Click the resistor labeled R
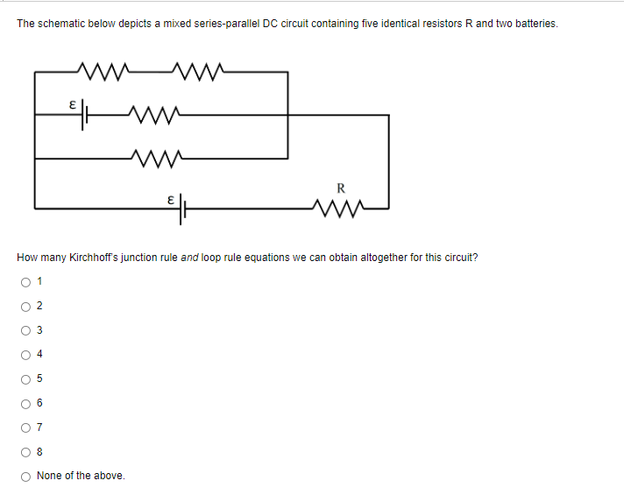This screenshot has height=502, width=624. point(341,208)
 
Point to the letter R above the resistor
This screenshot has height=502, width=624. point(341,187)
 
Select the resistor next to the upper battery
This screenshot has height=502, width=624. point(154,113)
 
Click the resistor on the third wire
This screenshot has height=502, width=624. point(154,159)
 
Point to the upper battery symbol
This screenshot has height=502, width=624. point(85,113)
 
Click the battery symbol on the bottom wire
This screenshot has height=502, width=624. point(184,209)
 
